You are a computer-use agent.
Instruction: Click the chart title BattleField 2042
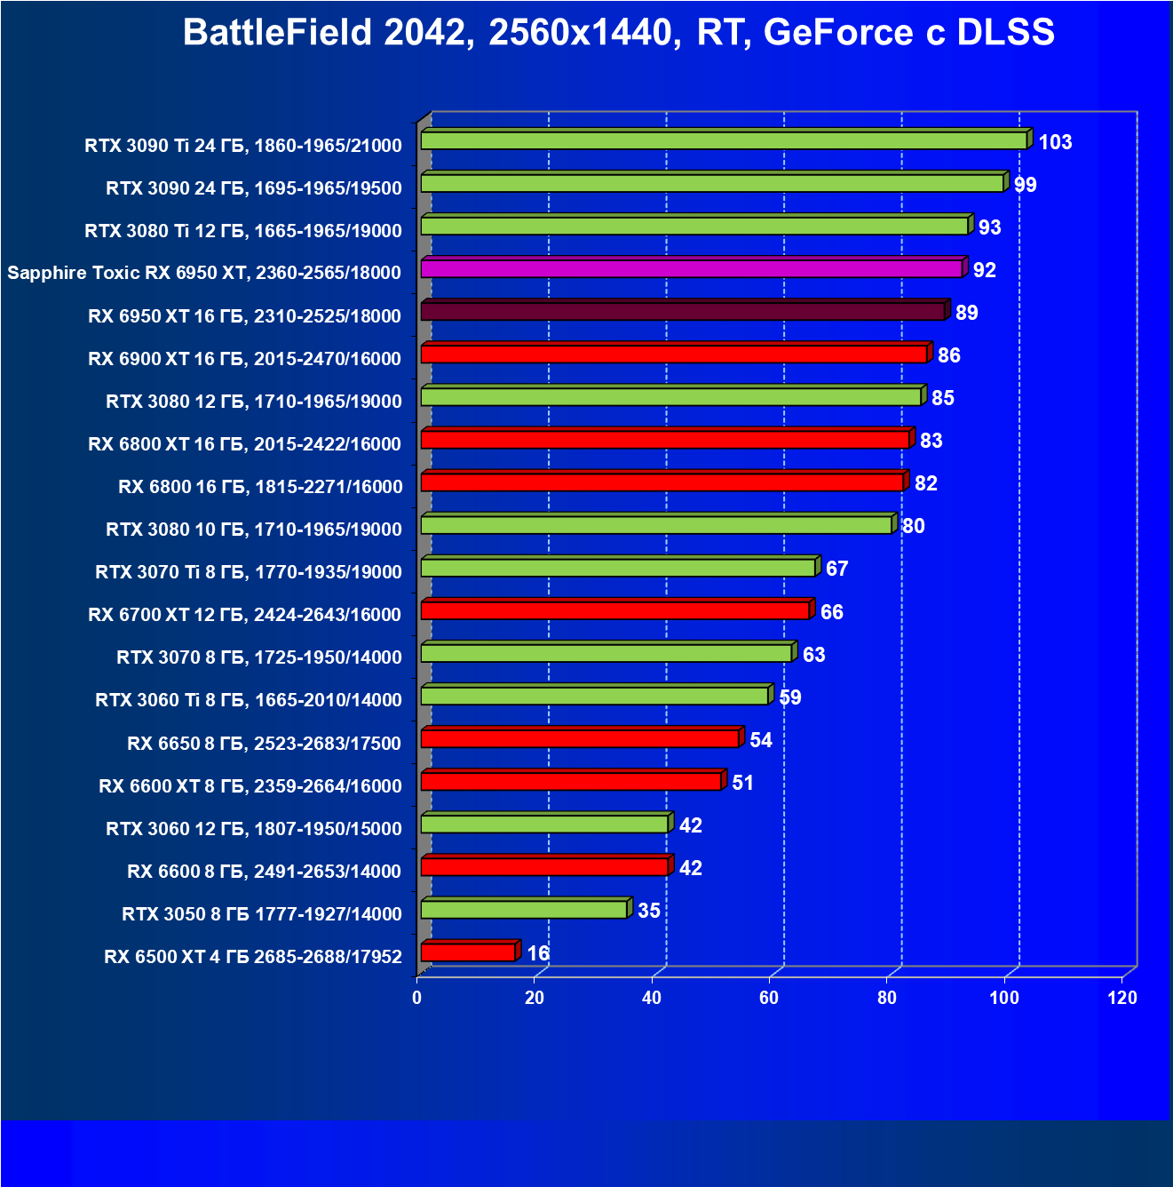tap(618, 33)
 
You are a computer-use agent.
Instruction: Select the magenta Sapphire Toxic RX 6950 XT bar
tap(691, 268)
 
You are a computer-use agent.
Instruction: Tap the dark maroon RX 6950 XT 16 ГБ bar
tap(682, 311)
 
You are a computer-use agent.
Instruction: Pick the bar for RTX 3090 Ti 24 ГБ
tap(723, 140)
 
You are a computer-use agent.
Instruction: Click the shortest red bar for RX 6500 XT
tap(468, 952)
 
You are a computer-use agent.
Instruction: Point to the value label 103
tap(1055, 142)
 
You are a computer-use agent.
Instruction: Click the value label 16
tap(538, 953)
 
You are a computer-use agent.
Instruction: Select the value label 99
tap(1026, 185)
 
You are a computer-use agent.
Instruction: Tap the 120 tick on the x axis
tap(1122, 998)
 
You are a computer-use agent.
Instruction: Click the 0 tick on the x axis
tap(417, 998)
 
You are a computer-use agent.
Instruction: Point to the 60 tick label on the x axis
tap(769, 998)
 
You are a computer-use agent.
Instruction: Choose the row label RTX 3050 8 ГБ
tap(262, 913)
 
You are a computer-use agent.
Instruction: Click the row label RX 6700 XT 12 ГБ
tap(245, 615)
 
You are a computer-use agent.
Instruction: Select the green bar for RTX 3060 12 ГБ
tap(543, 824)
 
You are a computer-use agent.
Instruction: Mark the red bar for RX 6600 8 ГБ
tap(543, 866)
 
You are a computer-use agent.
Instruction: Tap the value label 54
tap(761, 740)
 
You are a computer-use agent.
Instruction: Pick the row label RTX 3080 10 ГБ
tap(254, 530)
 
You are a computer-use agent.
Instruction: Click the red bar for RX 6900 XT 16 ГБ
tap(674, 354)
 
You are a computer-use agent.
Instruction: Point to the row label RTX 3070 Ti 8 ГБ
tap(249, 572)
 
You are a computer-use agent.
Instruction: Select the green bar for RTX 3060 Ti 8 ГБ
tap(594, 696)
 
